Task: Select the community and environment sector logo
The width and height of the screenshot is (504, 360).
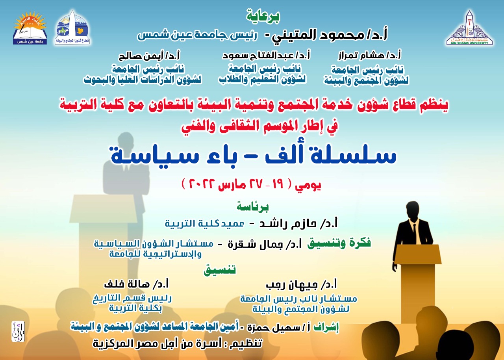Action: click(72, 27)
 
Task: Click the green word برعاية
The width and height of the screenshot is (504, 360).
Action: click(263, 16)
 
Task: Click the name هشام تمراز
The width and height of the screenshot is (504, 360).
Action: click(361, 56)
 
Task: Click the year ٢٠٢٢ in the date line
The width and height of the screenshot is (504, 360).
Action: click(201, 184)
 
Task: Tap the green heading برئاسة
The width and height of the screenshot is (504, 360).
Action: click(253, 206)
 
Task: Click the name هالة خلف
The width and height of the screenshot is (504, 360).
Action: click(127, 285)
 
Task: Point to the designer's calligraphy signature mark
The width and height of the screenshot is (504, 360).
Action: click(18, 332)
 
